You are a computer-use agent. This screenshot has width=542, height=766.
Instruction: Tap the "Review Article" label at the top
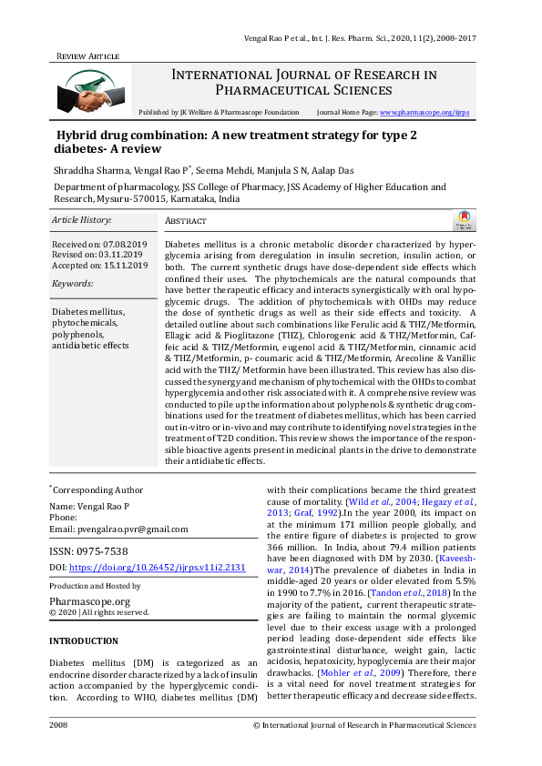pyautogui.click(x=88, y=56)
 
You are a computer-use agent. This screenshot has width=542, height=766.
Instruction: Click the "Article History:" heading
pyautogui.click(x=82, y=220)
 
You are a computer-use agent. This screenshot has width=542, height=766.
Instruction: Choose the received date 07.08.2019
pyautogui.click(x=126, y=245)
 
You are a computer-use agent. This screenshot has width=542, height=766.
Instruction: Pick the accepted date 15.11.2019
pyautogui.click(x=126, y=265)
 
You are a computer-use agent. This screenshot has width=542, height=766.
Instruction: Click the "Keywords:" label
pyautogui.click(x=74, y=284)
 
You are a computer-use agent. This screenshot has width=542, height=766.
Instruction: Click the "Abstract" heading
pyautogui.click(x=186, y=221)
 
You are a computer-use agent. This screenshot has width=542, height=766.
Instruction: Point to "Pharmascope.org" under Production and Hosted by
pyautogui.click(x=89, y=601)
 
